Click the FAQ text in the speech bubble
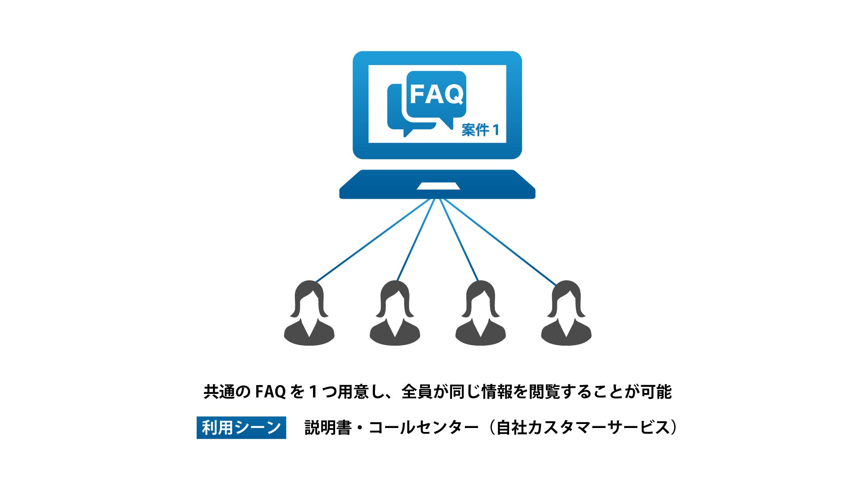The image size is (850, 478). (x=437, y=94)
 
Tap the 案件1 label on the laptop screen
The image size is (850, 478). (x=480, y=130)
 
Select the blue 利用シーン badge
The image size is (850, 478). (x=241, y=428)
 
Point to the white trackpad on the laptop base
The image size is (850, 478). (x=438, y=186)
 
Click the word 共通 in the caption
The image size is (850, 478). (x=219, y=392)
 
